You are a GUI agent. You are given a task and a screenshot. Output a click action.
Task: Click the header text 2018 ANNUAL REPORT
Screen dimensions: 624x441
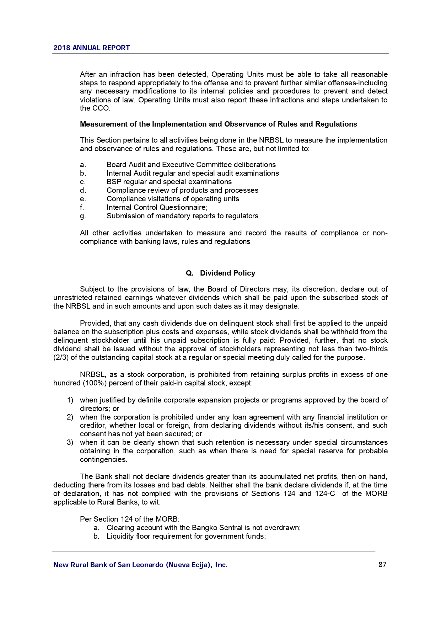pyautogui.click(x=91, y=48)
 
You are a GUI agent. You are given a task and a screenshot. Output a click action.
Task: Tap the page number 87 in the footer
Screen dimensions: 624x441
pyautogui.click(x=382, y=565)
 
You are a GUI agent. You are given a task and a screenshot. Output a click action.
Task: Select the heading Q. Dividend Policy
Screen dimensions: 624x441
pyautogui.click(x=220, y=273)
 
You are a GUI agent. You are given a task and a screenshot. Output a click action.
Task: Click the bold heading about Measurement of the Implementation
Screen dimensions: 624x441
pyautogui.click(x=218, y=124)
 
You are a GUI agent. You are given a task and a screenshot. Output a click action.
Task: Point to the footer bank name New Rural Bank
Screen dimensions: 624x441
pyautogui.click(x=140, y=565)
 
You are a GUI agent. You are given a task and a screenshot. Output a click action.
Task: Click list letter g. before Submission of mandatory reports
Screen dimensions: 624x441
pyautogui.click(x=83, y=216)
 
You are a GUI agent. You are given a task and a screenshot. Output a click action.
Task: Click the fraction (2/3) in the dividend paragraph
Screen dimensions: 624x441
pyautogui.click(x=61, y=357)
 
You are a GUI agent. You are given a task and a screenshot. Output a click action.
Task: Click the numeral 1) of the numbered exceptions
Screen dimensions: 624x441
pyautogui.click(x=70, y=400)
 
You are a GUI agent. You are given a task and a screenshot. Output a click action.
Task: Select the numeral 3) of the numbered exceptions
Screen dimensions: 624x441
pyautogui.click(x=70, y=442)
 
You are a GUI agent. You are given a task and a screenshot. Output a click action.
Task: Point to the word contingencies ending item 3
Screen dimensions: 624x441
pyautogui.click(x=103, y=459)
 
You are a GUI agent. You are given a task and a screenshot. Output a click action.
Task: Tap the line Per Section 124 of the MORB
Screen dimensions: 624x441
pyautogui.click(x=129, y=519)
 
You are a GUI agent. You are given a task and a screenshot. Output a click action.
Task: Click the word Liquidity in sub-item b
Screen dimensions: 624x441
pyautogui.click(x=120, y=536)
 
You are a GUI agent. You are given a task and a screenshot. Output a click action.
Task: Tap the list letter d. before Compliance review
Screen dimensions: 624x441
pyautogui.click(x=83, y=190)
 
